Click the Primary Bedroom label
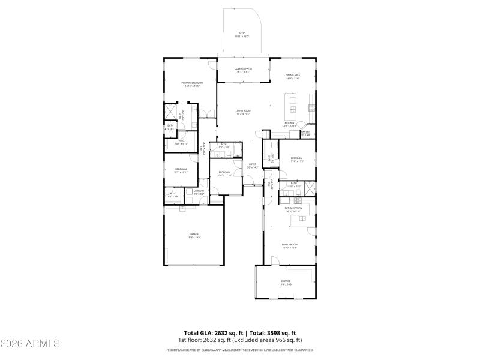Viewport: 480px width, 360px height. [192, 84]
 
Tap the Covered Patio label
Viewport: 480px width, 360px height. [243, 70]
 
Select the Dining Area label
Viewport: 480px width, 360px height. [292, 77]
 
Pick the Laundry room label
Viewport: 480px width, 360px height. [199, 193]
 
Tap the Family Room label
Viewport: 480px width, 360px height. [290, 246]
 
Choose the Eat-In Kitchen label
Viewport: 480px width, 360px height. [293, 209]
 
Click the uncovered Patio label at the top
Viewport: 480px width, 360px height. [242, 35]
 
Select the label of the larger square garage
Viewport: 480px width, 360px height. [194, 235]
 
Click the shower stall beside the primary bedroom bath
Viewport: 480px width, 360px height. [171, 112]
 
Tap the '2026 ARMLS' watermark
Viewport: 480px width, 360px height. [30, 344]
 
